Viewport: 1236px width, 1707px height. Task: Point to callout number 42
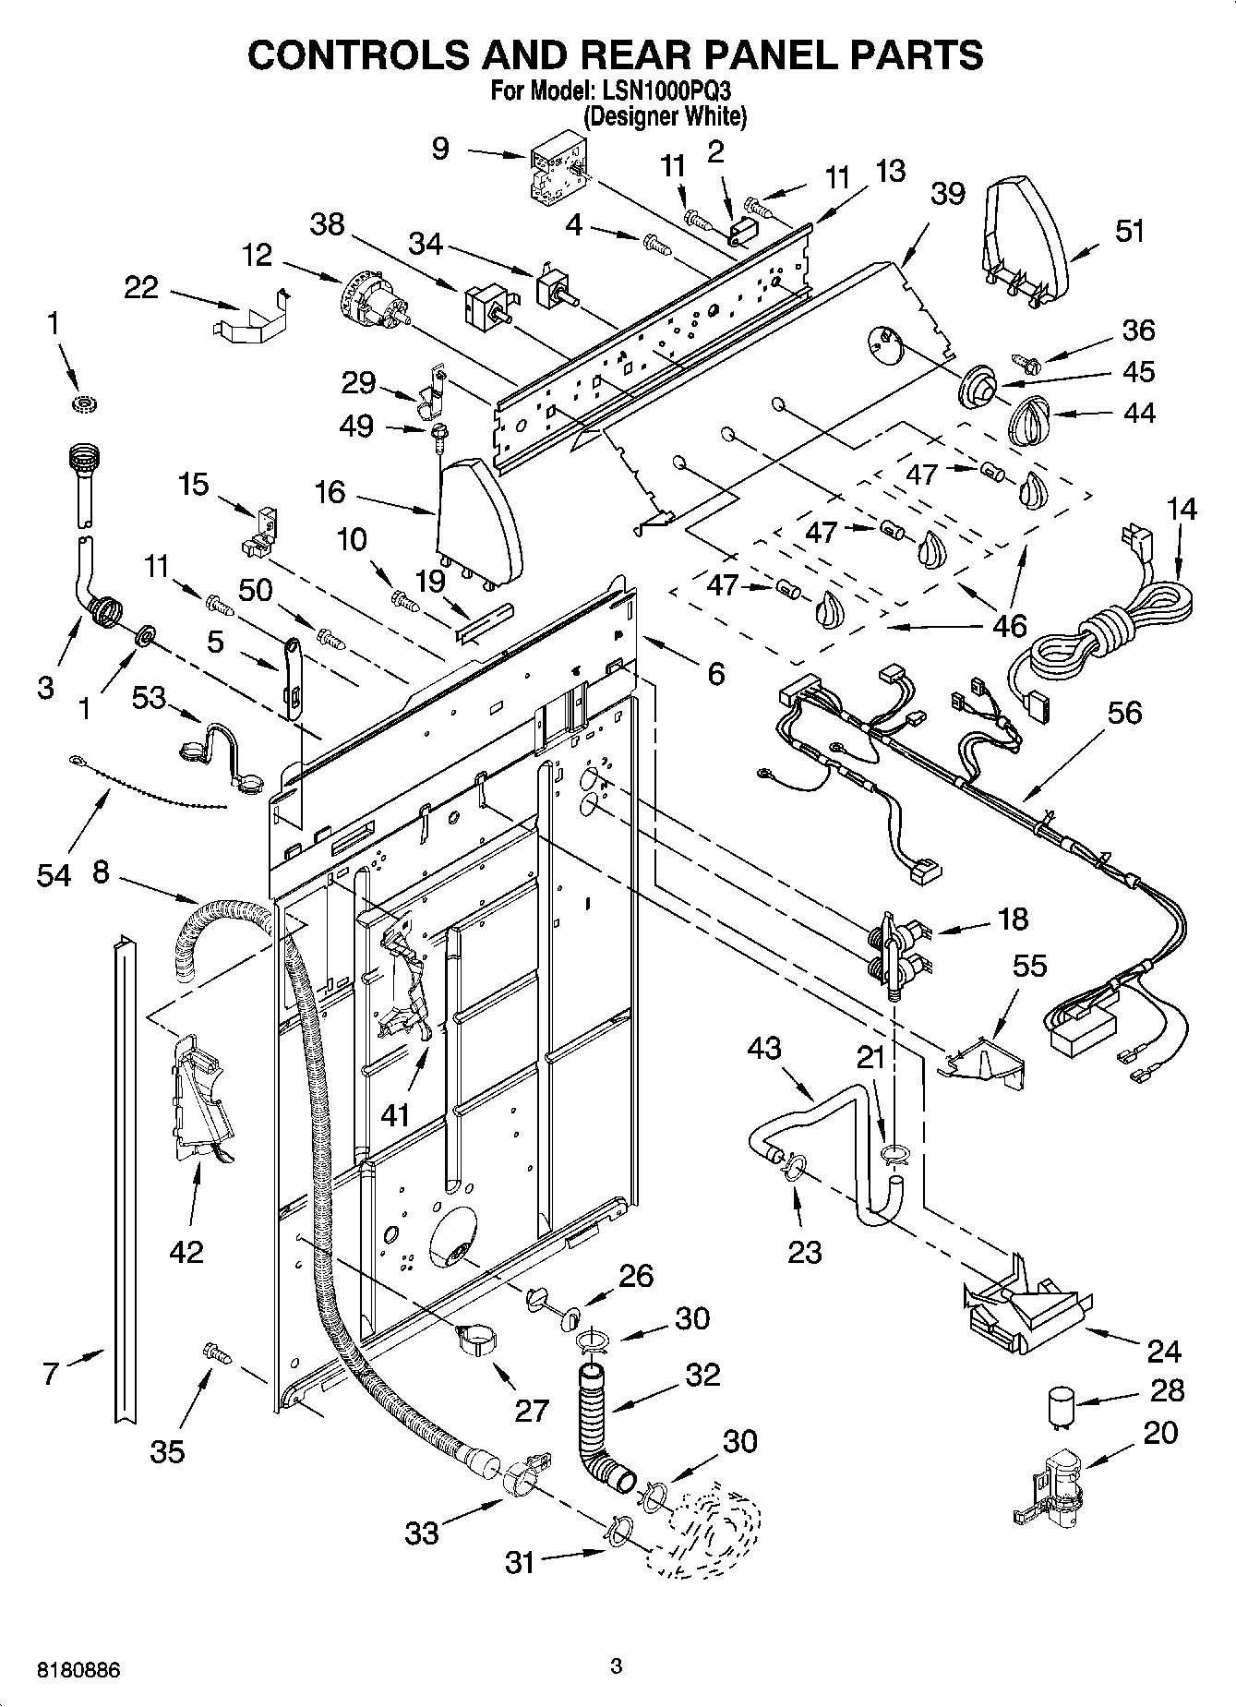pos(186,1251)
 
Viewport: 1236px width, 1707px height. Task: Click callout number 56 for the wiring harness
pos(1124,712)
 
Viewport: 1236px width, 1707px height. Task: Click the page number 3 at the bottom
pos(617,1665)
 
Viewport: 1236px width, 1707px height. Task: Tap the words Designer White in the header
pos(665,116)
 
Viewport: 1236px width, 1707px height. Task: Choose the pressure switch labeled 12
pos(372,304)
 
